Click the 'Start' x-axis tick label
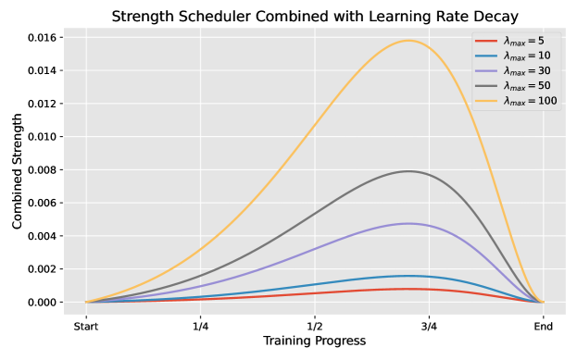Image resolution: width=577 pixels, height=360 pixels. [x=86, y=326]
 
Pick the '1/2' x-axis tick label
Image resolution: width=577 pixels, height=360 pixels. [x=315, y=326]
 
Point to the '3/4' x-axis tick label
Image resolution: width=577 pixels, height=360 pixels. [x=429, y=326]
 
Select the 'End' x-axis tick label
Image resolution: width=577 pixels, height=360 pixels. [x=543, y=326]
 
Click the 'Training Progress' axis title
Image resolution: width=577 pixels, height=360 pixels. [x=314, y=341]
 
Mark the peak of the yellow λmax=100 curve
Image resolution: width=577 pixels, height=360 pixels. [x=408, y=41]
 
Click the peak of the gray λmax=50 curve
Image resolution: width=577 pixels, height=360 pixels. [x=408, y=171]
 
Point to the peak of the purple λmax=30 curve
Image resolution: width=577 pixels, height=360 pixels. [x=408, y=223]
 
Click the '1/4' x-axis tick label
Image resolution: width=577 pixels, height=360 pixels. [x=200, y=326]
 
